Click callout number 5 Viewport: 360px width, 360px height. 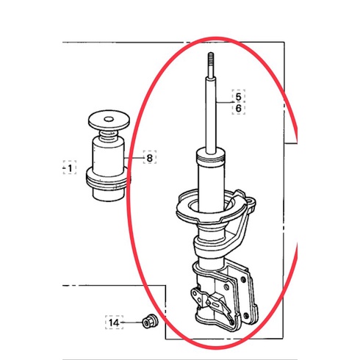pyautogui.click(x=238, y=97)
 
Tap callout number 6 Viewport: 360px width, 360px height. pyautogui.click(x=238, y=108)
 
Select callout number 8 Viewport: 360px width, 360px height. pyautogui.click(x=149, y=158)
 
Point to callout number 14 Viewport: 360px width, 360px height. pyautogui.click(x=114, y=323)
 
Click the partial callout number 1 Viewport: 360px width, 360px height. pyautogui.click(x=70, y=168)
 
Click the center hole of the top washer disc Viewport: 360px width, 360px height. pyautogui.click(x=109, y=119)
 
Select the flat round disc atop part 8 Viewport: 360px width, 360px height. pyautogui.click(x=109, y=120)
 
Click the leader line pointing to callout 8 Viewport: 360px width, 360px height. pyautogui.click(x=134, y=158)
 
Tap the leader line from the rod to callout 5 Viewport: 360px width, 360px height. pyautogui.click(x=224, y=102)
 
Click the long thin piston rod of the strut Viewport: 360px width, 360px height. pyautogui.click(x=211, y=115)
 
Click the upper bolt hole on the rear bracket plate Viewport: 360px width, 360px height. pyautogui.click(x=243, y=280)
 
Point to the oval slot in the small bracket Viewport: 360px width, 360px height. pyautogui.click(x=217, y=304)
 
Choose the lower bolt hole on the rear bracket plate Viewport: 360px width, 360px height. pyautogui.click(x=247, y=316)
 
